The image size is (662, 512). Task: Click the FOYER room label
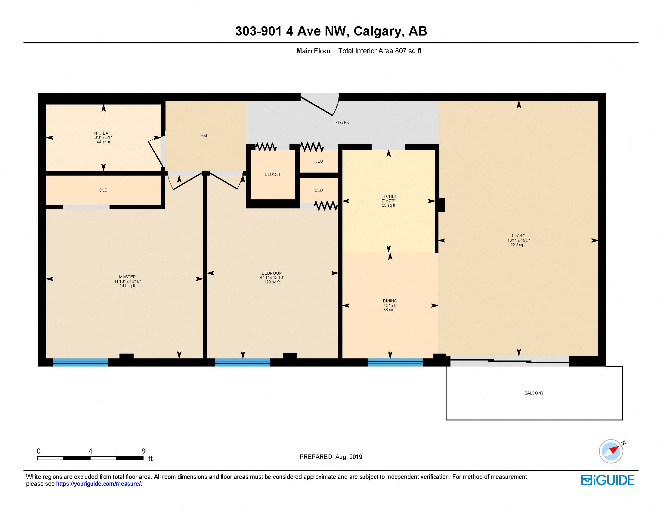342,123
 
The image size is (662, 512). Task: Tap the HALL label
206,136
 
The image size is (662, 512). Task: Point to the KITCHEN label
388,197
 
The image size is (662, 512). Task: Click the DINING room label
390,301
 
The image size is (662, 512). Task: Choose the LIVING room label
519,236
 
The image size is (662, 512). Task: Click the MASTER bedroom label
127,276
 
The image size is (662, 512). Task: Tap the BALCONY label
534,393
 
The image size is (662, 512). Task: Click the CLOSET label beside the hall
273,174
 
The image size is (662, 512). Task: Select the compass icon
611,451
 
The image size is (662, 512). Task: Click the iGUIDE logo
608,480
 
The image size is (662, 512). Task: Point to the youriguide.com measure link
98,484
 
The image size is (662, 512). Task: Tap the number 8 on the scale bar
143,451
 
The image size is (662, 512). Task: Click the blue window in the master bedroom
81,362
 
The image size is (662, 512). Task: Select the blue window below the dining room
395,362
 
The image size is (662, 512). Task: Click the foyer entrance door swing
320,105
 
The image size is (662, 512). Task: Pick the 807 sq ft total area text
408,51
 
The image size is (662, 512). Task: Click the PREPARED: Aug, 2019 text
331,457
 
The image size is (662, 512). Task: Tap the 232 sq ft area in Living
519,245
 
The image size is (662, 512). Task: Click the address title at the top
331,31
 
